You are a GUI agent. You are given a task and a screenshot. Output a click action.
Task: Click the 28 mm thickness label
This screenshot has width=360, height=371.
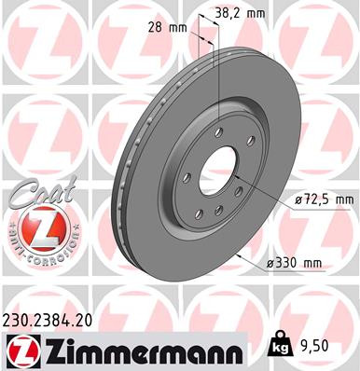click(161, 29)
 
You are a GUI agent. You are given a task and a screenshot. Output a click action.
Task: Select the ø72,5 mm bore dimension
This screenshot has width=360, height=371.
click(320, 199)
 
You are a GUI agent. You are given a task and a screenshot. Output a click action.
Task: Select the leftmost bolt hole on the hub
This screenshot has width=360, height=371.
click(186, 177)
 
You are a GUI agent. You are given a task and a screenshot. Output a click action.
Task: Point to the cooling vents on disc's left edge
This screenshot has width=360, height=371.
click(119, 186)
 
